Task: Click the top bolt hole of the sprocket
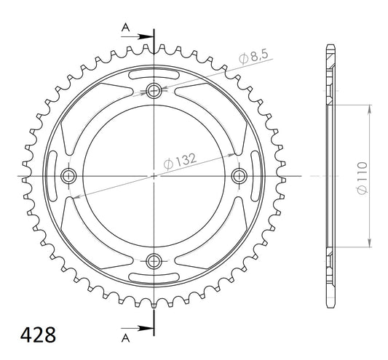154,91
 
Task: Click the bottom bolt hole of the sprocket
154,261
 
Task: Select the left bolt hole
68,176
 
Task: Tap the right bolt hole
239,176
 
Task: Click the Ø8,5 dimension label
253,57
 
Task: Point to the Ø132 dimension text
180,161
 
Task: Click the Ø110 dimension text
362,178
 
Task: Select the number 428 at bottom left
38,335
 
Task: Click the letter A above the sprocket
125,27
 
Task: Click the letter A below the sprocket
125,338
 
